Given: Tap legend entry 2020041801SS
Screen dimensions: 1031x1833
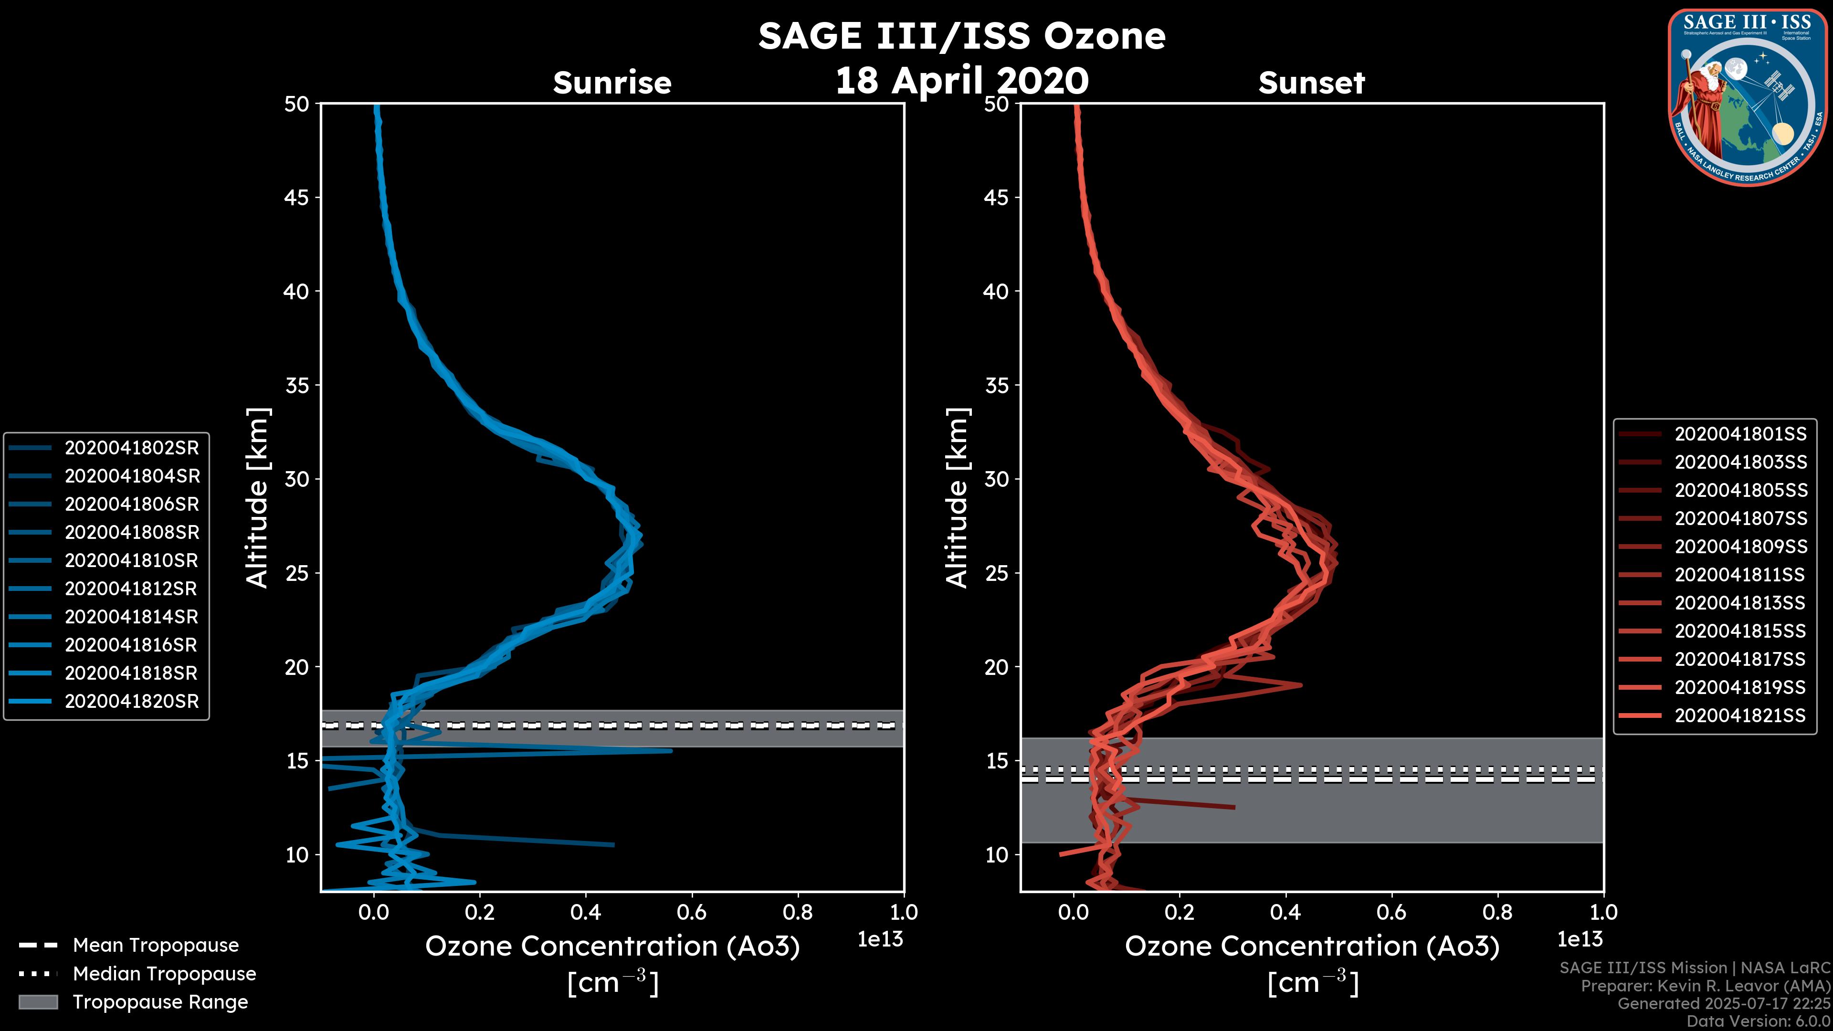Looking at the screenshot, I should (x=1740, y=433).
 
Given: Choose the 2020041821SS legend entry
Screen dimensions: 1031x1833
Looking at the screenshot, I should (x=1740, y=715).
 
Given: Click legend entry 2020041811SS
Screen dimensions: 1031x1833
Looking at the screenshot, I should (x=1740, y=574).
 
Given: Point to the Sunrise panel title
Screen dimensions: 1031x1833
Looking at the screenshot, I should (x=612, y=83).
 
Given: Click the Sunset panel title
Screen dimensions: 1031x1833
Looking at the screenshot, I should (x=1311, y=83).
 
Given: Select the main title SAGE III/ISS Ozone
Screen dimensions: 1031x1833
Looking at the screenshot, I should (x=961, y=36).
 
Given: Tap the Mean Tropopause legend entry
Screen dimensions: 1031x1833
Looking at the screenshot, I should (x=155, y=945).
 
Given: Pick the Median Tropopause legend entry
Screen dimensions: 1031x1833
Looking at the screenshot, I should (x=164, y=973).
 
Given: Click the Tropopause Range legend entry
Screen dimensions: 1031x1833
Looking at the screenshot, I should (x=160, y=1002).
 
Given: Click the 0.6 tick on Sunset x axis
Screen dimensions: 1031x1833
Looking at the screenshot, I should (x=1391, y=912).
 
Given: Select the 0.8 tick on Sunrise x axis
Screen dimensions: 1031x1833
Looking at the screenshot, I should (x=798, y=912).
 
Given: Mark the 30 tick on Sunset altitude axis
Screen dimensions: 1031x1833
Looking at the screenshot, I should (x=997, y=479).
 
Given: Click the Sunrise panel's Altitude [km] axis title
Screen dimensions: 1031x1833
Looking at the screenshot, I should (x=258, y=497).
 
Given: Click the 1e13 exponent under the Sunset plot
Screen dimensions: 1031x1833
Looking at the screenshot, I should (x=1580, y=939).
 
